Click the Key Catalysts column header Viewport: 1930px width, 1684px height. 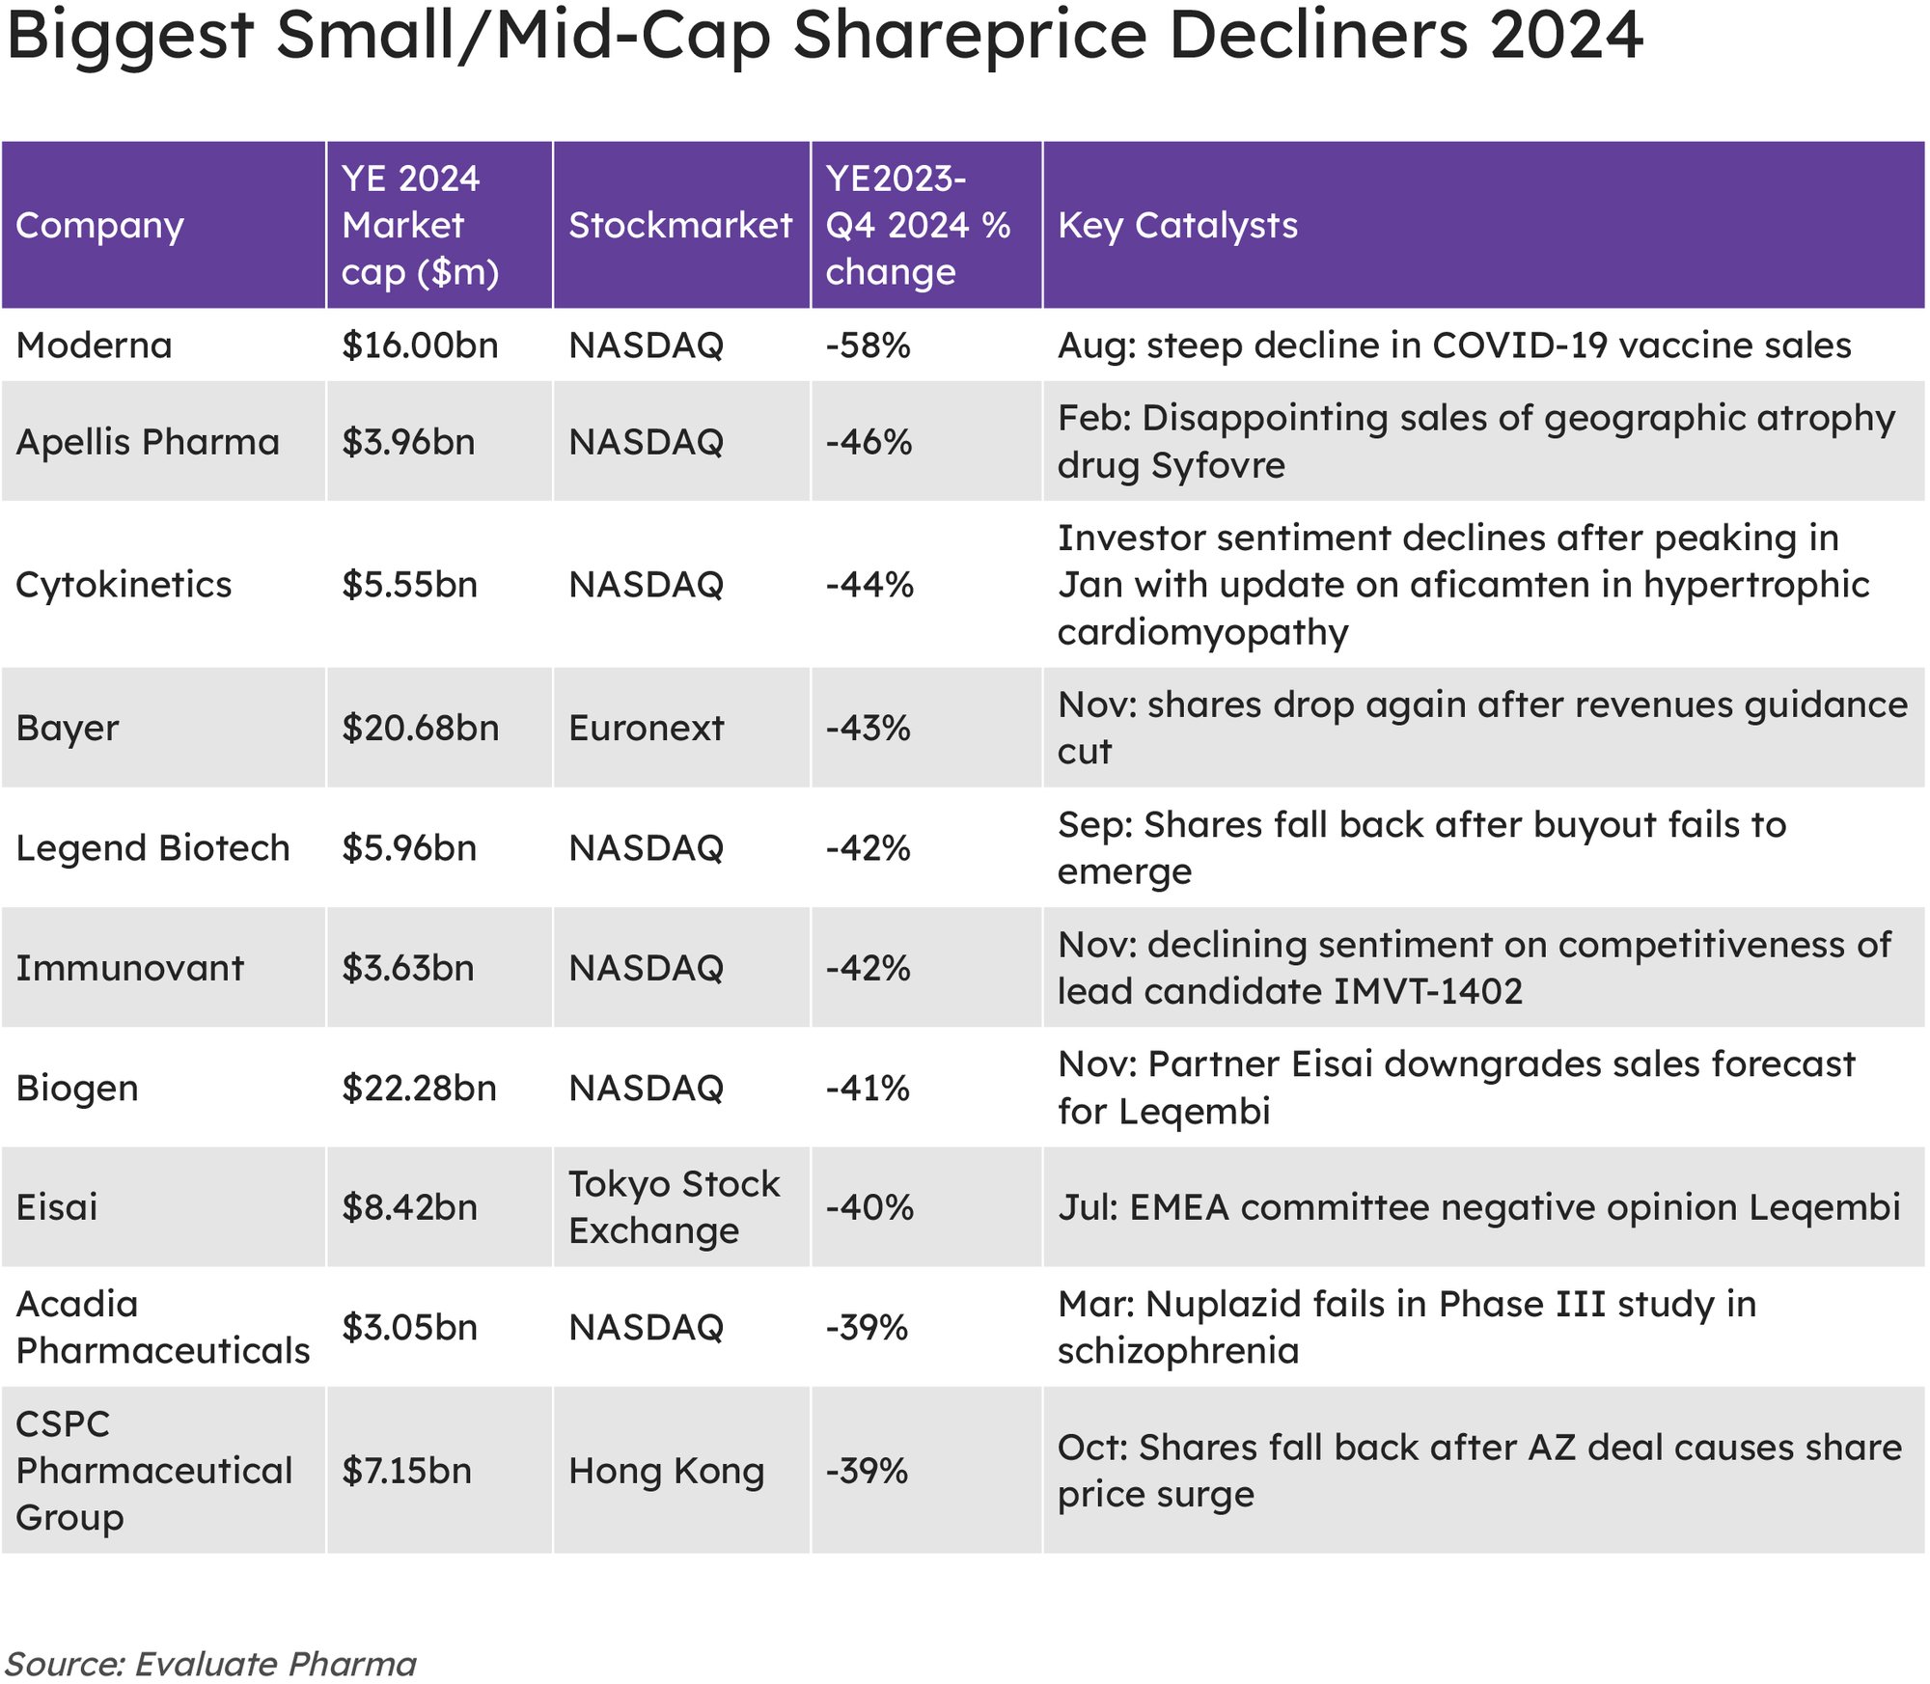[1177, 226]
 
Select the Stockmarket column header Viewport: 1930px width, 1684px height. [679, 226]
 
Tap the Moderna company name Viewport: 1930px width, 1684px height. [94, 345]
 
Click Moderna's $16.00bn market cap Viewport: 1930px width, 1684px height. [420, 345]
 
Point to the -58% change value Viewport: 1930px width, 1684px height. [868, 345]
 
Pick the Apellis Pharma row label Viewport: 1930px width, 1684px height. [148, 442]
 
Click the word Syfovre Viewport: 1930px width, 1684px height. [1218, 466]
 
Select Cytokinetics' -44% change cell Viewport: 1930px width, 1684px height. [869, 585]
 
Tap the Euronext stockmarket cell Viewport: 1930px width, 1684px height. [646, 729]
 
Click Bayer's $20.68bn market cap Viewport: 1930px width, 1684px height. [420, 729]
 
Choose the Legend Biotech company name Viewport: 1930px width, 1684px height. [152, 848]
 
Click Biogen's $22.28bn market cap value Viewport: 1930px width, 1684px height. [419, 1089]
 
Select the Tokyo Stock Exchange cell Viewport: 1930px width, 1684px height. [674, 1207]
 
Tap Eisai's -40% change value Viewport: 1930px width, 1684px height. [869, 1207]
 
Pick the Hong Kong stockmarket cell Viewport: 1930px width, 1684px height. [666, 1472]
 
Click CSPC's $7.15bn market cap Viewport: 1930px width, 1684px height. [406, 1472]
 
